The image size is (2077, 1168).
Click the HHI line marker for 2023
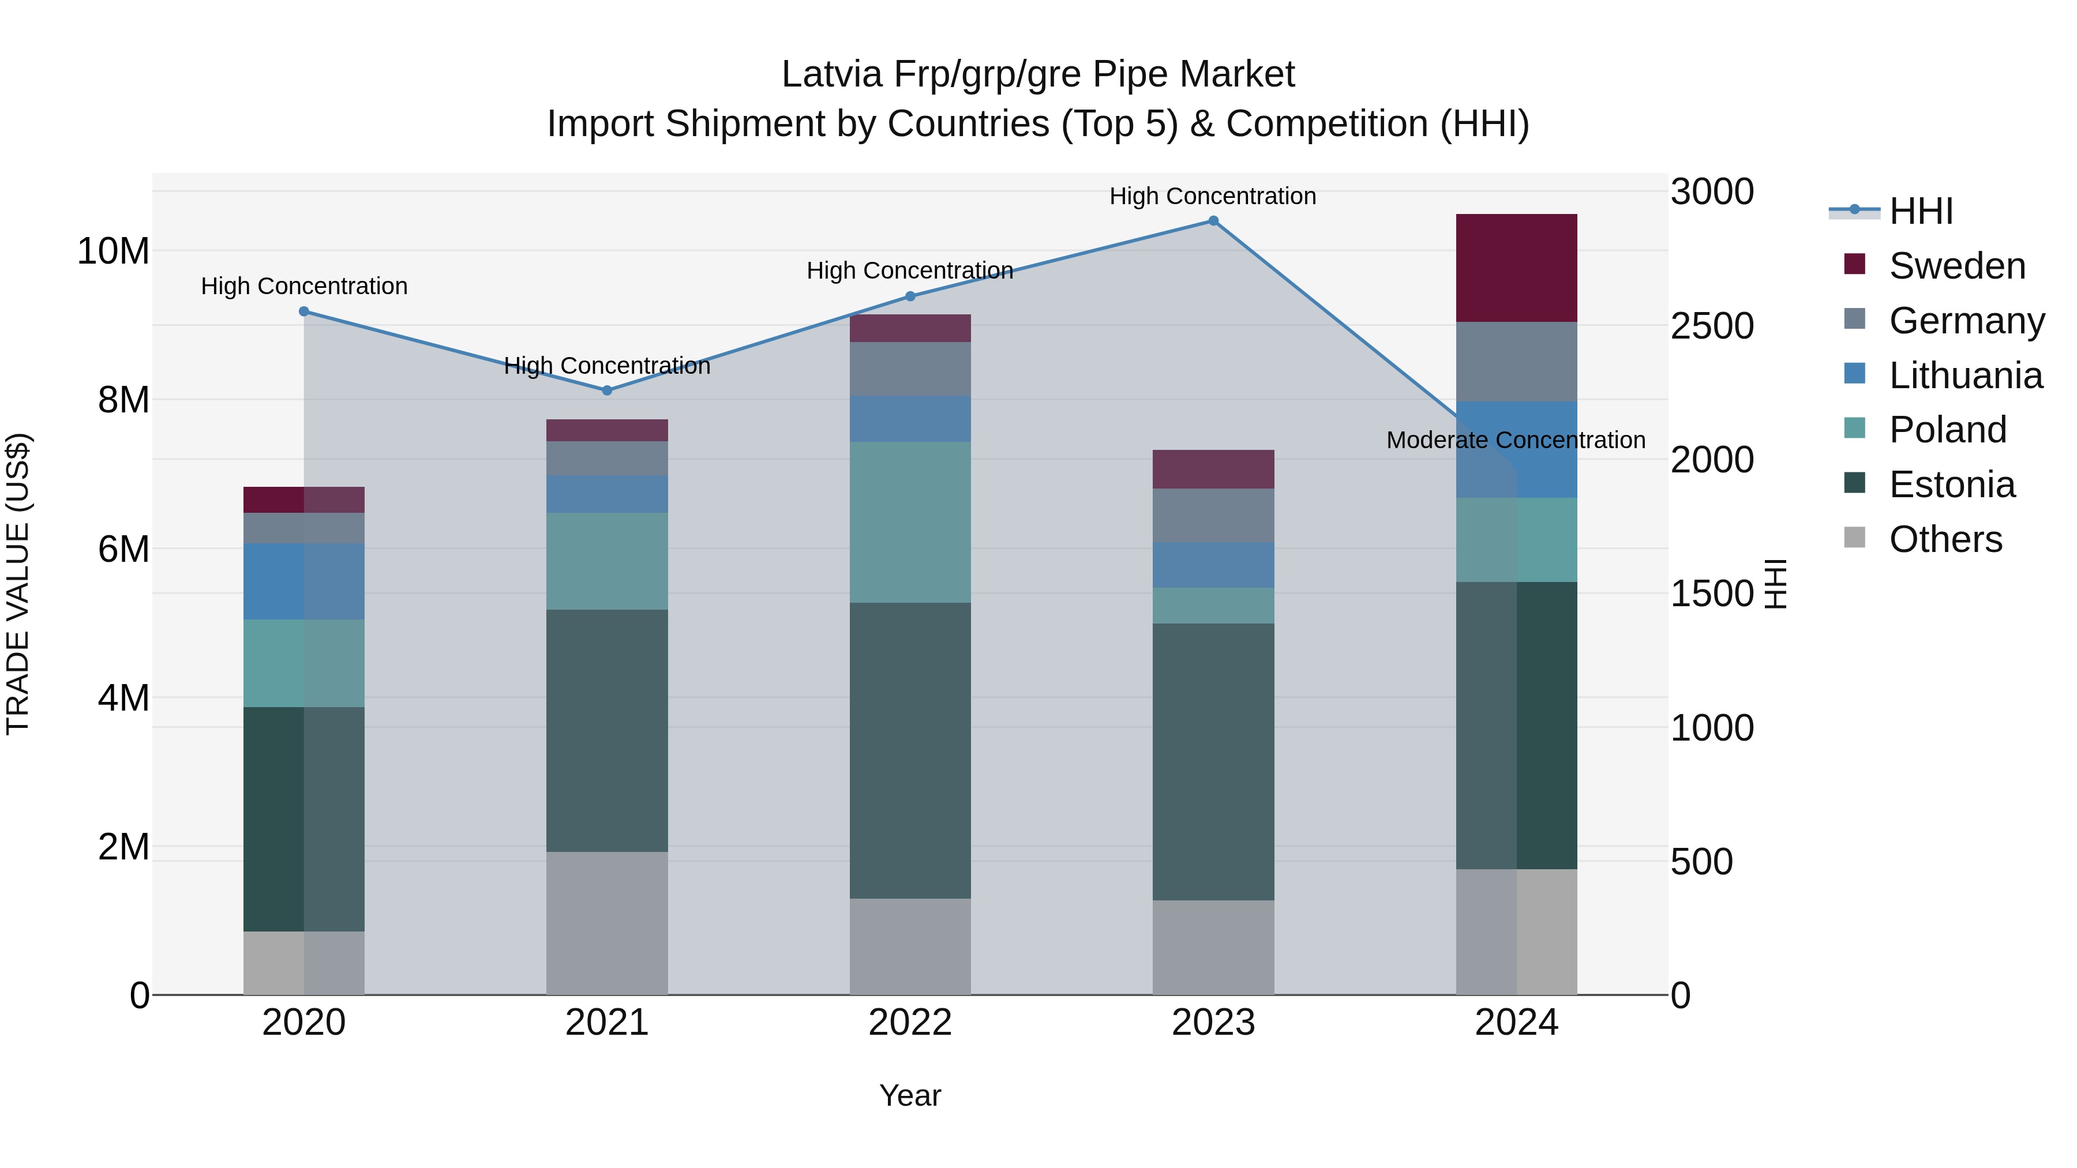tap(1213, 221)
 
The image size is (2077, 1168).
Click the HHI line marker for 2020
tap(304, 311)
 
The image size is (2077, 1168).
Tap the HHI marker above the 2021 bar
tap(607, 390)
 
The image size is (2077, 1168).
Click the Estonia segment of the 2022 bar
tap(910, 750)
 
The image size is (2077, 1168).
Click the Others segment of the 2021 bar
tap(607, 923)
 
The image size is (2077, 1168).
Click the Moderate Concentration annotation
tap(1516, 440)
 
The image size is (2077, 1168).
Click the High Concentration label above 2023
tap(1213, 196)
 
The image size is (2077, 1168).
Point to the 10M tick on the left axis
tap(113, 251)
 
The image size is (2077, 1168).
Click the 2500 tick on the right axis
tap(1712, 326)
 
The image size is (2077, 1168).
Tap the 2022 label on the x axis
tap(910, 1023)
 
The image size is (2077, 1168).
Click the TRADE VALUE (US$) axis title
tap(18, 584)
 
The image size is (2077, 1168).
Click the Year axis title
tap(910, 1095)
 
